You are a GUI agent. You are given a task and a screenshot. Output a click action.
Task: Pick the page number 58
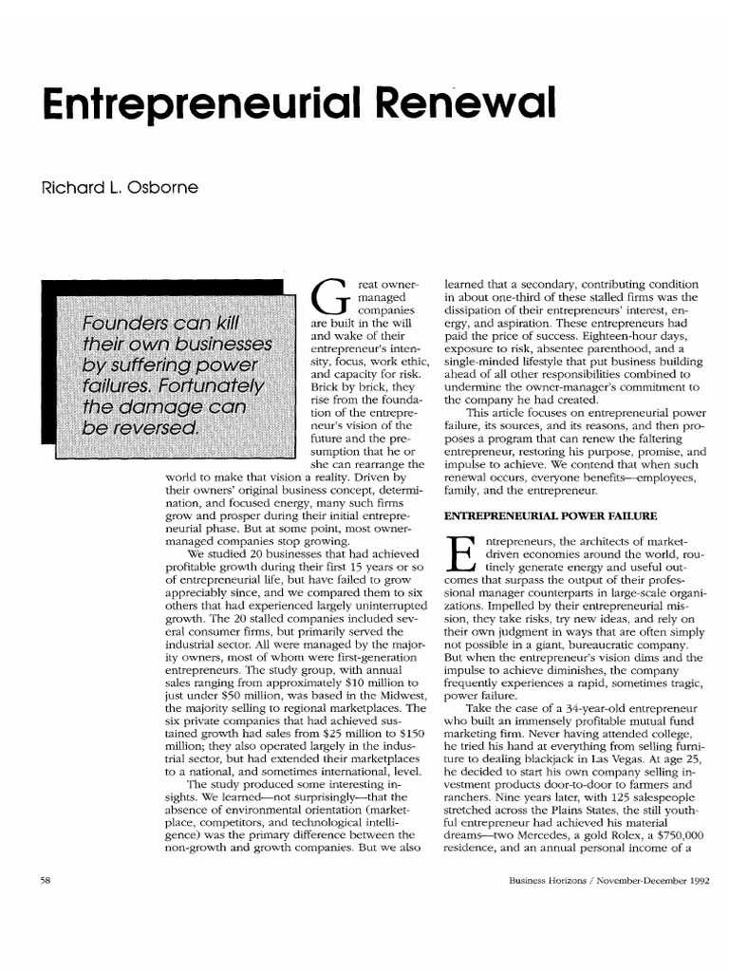45,879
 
